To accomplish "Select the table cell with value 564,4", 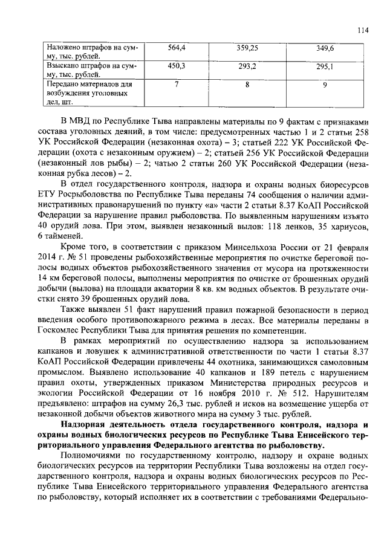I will coord(177,47).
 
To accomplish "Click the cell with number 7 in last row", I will coord(177,85).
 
